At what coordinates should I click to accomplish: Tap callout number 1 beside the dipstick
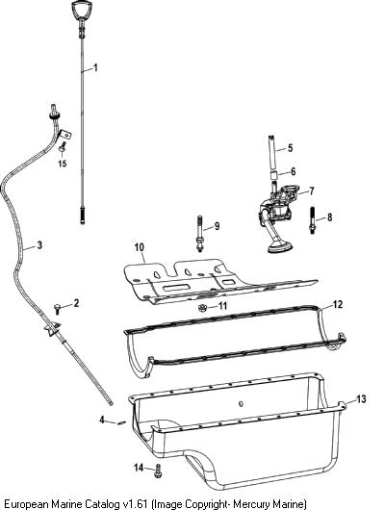[x=95, y=67]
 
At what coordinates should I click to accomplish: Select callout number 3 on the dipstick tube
[x=39, y=245]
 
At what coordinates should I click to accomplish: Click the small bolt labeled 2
[x=58, y=308]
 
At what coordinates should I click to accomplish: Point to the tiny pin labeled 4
[x=121, y=422]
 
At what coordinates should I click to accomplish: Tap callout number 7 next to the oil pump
[x=312, y=191]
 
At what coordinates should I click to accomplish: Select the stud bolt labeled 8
[x=313, y=220]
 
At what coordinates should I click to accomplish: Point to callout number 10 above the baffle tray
[x=140, y=247]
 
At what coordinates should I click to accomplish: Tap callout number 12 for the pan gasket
[x=338, y=304]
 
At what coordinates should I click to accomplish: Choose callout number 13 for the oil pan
[x=361, y=398]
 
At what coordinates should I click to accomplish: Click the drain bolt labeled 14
[x=158, y=471]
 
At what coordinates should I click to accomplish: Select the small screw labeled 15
[x=63, y=147]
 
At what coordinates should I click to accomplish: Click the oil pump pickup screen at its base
[x=280, y=248]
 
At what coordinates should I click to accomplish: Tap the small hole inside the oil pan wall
[x=241, y=403]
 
